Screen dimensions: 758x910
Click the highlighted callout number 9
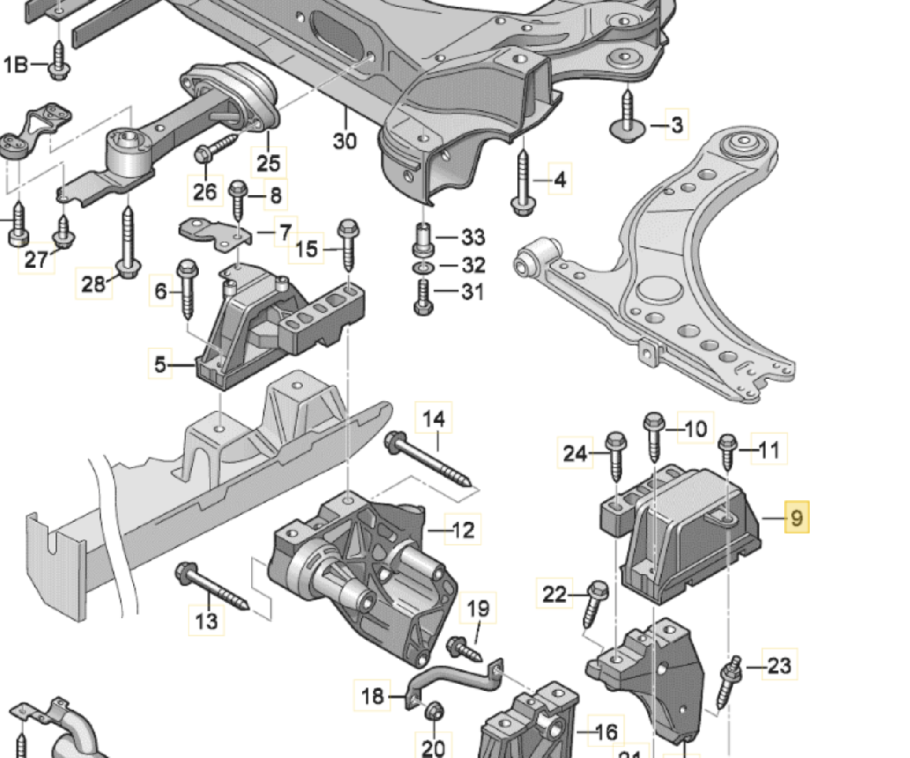(796, 517)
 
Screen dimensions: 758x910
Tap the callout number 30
(345, 141)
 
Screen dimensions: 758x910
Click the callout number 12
(463, 530)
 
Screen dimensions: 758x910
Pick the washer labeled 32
(422, 266)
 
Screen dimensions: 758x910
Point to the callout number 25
(268, 163)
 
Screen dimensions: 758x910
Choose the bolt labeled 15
(348, 245)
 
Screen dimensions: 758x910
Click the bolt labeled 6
(188, 288)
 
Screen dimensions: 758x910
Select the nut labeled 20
(434, 710)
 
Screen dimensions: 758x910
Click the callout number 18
(373, 695)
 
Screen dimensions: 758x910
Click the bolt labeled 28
(128, 242)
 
